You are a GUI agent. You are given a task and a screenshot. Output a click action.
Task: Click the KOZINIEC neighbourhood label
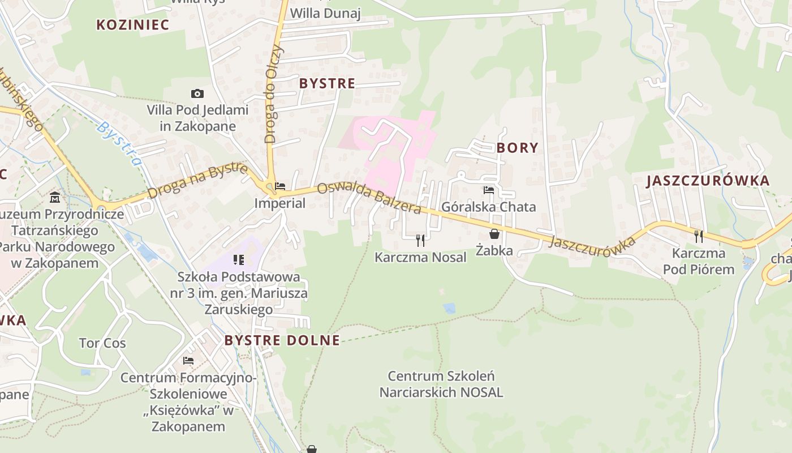(133, 25)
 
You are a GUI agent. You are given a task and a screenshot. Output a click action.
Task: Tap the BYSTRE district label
(327, 84)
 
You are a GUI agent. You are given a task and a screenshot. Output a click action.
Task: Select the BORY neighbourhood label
(517, 148)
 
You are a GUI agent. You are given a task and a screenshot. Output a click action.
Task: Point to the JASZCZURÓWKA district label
(708, 181)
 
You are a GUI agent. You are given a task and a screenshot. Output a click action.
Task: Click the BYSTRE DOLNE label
(282, 340)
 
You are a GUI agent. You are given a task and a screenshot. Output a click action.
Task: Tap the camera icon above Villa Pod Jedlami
(197, 93)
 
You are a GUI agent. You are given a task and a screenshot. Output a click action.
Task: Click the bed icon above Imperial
(279, 186)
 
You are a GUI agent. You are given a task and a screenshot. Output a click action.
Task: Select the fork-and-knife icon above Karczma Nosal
(420, 240)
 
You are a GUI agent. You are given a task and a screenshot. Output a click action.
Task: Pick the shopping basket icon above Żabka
(494, 234)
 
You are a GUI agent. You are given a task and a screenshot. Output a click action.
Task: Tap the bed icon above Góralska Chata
(489, 190)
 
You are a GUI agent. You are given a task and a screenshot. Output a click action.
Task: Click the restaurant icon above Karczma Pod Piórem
(699, 236)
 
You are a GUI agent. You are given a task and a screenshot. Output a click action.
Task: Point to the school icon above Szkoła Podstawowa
(238, 260)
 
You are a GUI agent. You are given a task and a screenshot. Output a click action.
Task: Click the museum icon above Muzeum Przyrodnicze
(55, 198)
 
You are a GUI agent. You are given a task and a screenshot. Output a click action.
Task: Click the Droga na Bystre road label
(197, 181)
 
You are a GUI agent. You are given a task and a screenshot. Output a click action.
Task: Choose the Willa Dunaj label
(325, 14)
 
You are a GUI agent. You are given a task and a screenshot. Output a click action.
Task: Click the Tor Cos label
(102, 343)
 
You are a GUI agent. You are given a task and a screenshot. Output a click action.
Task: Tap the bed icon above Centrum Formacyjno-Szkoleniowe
(188, 360)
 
